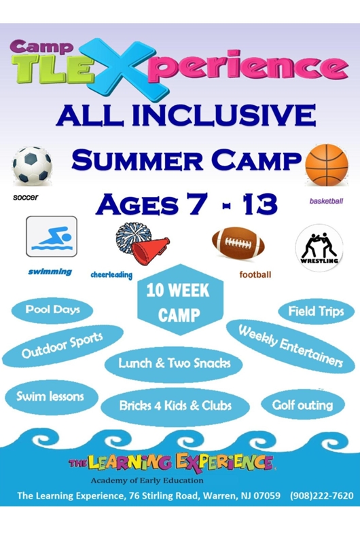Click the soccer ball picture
pyautogui.click(x=33, y=166)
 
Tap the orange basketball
pyautogui.click(x=327, y=165)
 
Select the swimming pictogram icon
pyautogui.click(x=52, y=236)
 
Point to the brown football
pyautogui.click(x=238, y=244)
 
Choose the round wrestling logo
pyautogui.click(x=319, y=248)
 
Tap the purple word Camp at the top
pyautogui.click(x=41, y=47)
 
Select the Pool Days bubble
pyautogui.click(x=52, y=310)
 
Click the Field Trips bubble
pyautogui.click(x=316, y=312)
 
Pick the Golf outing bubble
pyautogui.click(x=302, y=405)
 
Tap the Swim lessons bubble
pyautogui.click(x=51, y=397)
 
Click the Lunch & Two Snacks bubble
pyautogui.click(x=174, y=364)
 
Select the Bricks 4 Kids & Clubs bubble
pyautogui.click(x=175, y=407)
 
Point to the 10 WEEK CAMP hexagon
pyautogui.click(x=180, y=300)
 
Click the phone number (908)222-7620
pyautogui.click(x=322, y=496)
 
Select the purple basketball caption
pyautogui.click(x=326, y=201)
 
